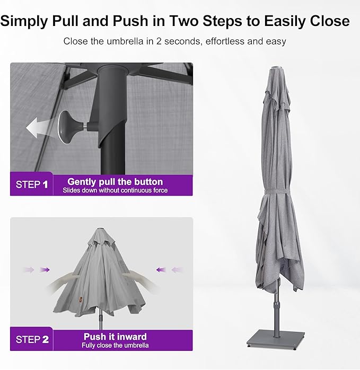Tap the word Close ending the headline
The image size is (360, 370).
(x=328, y=21)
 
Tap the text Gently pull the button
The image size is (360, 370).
(x=115, y=182)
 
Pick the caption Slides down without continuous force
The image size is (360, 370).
(x=115, y=190)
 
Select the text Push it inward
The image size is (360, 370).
(x=115, y=337)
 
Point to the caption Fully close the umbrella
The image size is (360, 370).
(x=115, y=345)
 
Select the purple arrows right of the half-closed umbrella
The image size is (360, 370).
(x=166, y=270)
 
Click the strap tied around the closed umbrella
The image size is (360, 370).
(x=276, y=193)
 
